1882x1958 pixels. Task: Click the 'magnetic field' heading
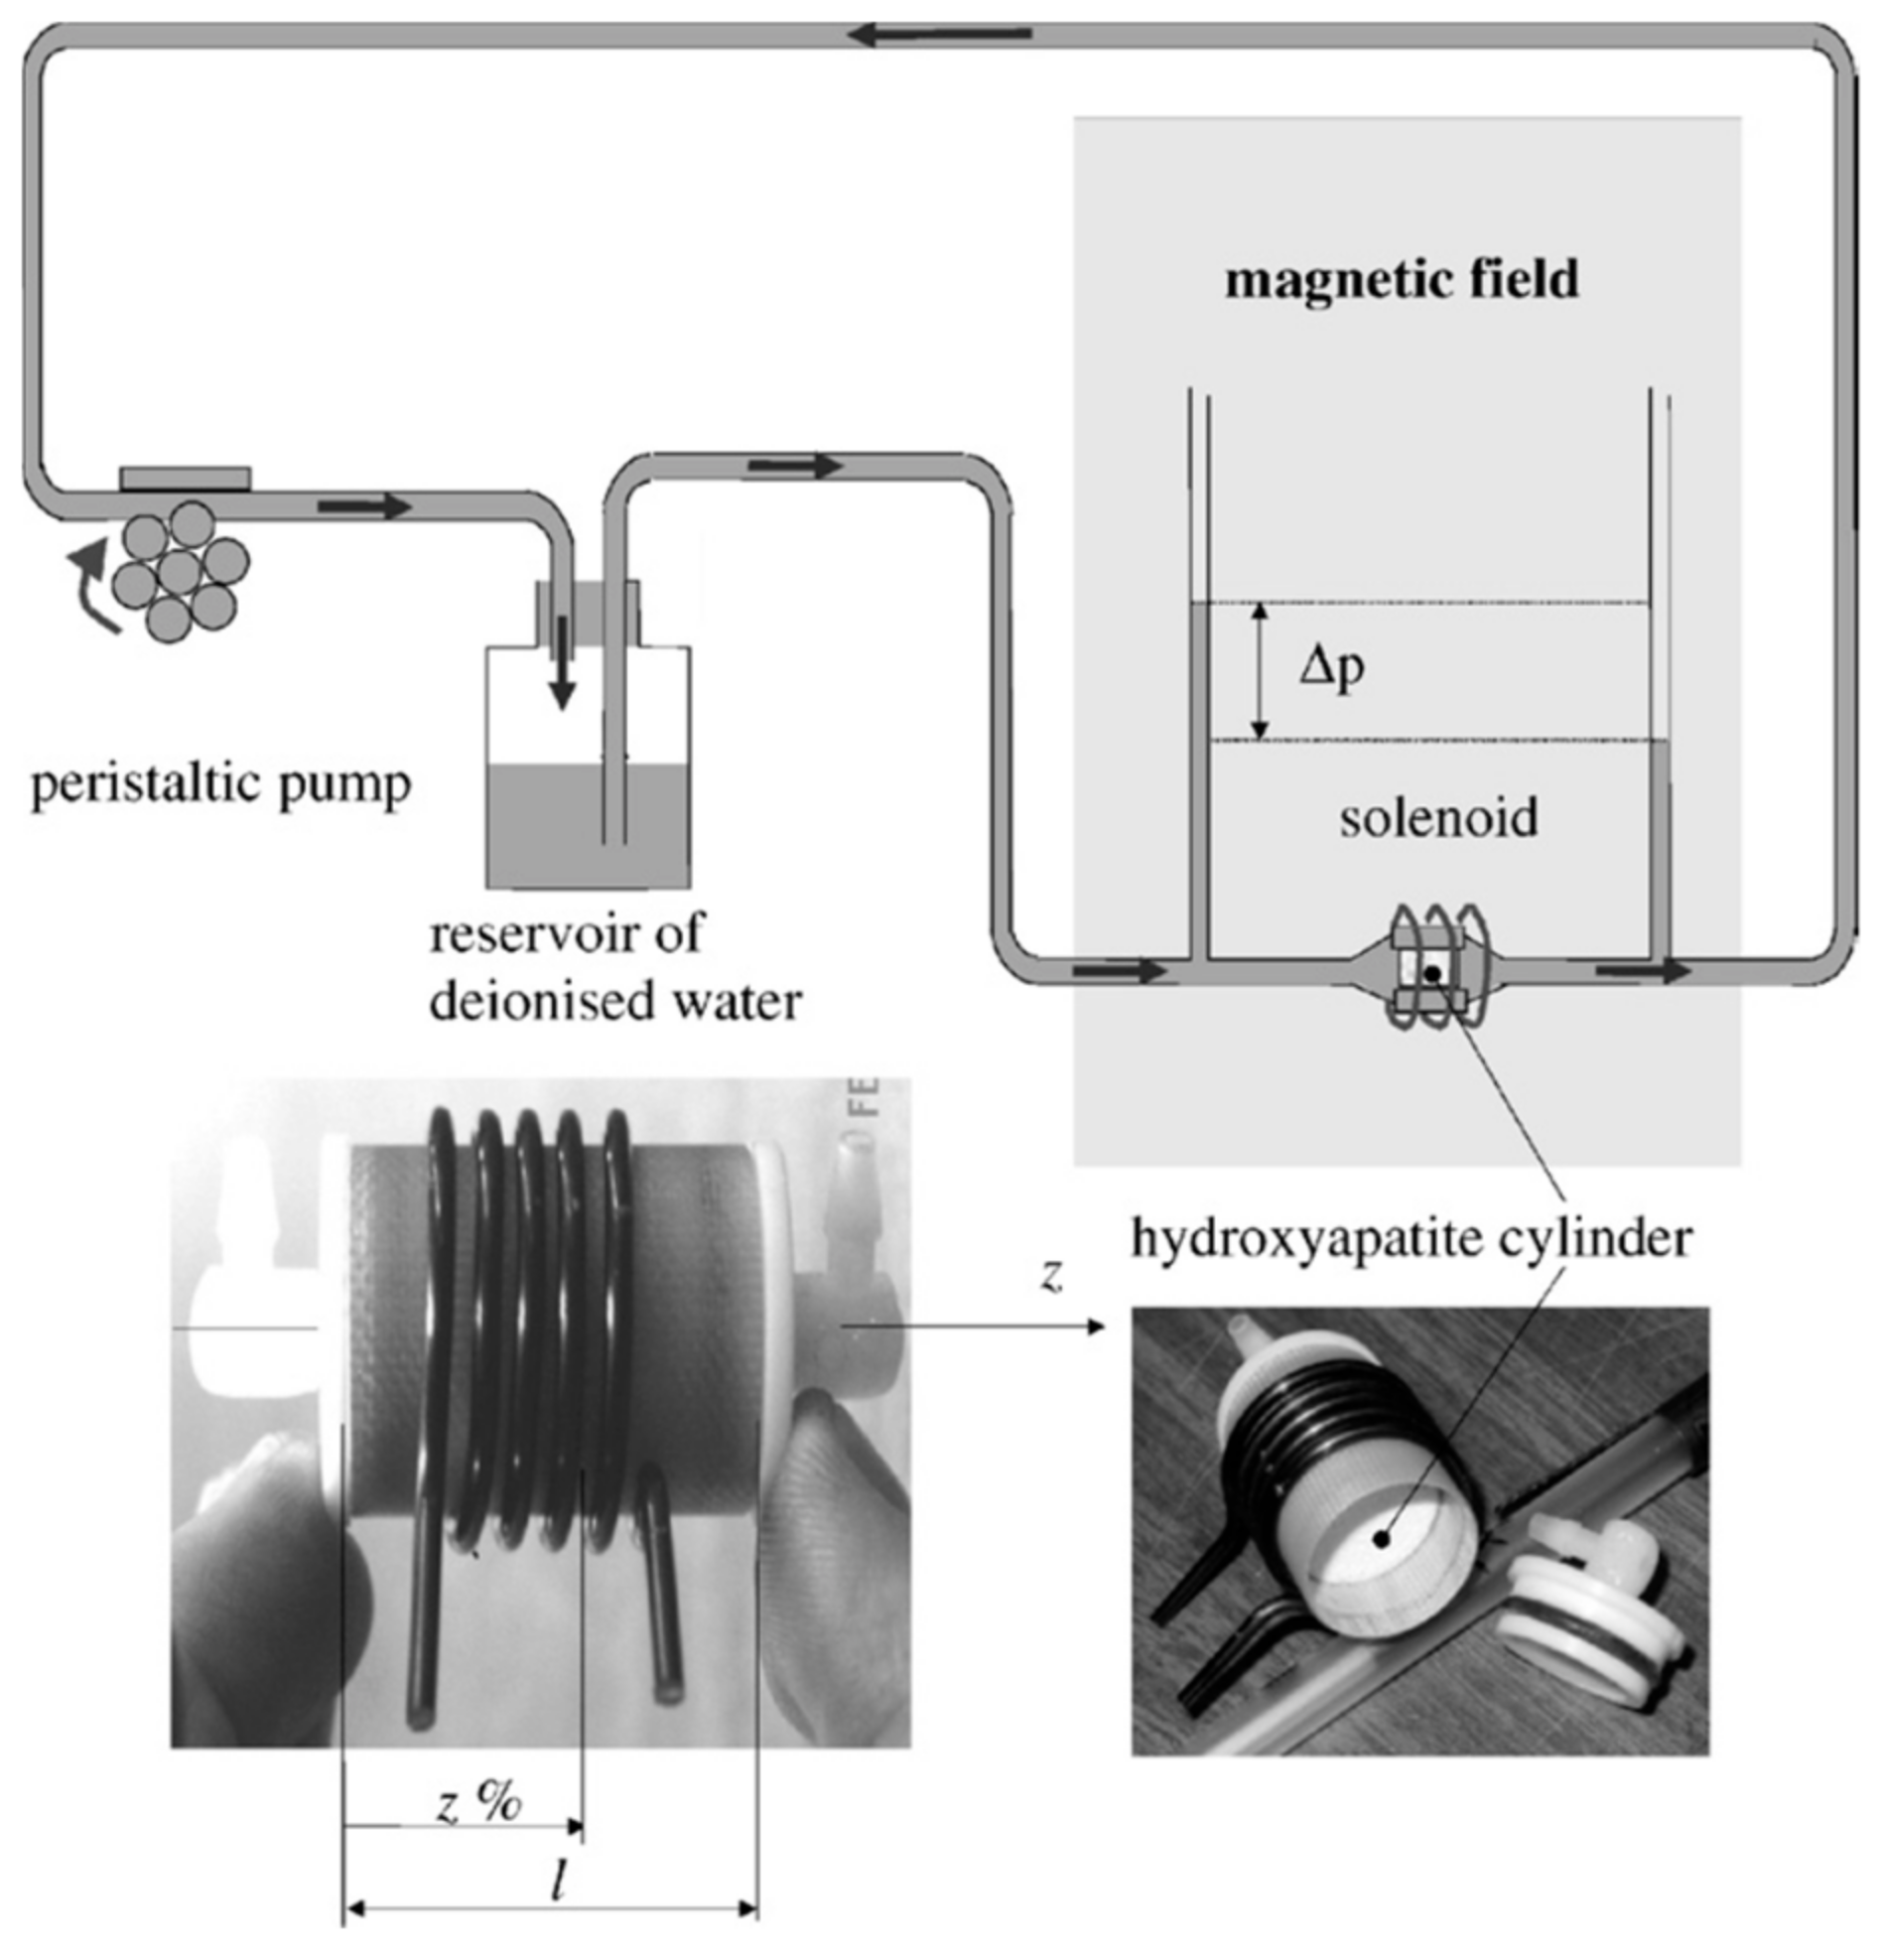1401,280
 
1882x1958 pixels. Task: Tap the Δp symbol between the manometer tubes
1330,667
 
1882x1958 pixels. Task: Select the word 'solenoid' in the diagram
1437,818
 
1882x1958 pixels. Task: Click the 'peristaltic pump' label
220,785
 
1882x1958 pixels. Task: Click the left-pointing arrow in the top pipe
939,36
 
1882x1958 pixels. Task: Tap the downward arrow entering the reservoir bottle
564,664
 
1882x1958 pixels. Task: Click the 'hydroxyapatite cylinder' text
1411,1240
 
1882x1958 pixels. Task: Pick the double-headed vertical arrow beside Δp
1261,670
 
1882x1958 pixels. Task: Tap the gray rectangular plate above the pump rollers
185,479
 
